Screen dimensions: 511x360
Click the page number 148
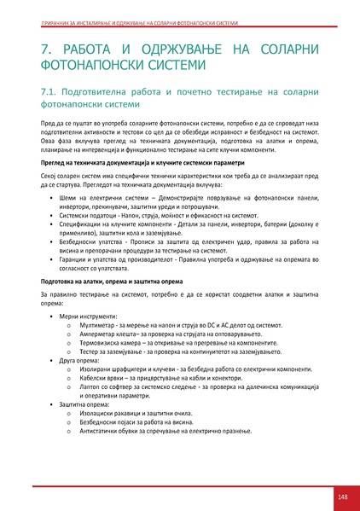coord(341,496)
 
